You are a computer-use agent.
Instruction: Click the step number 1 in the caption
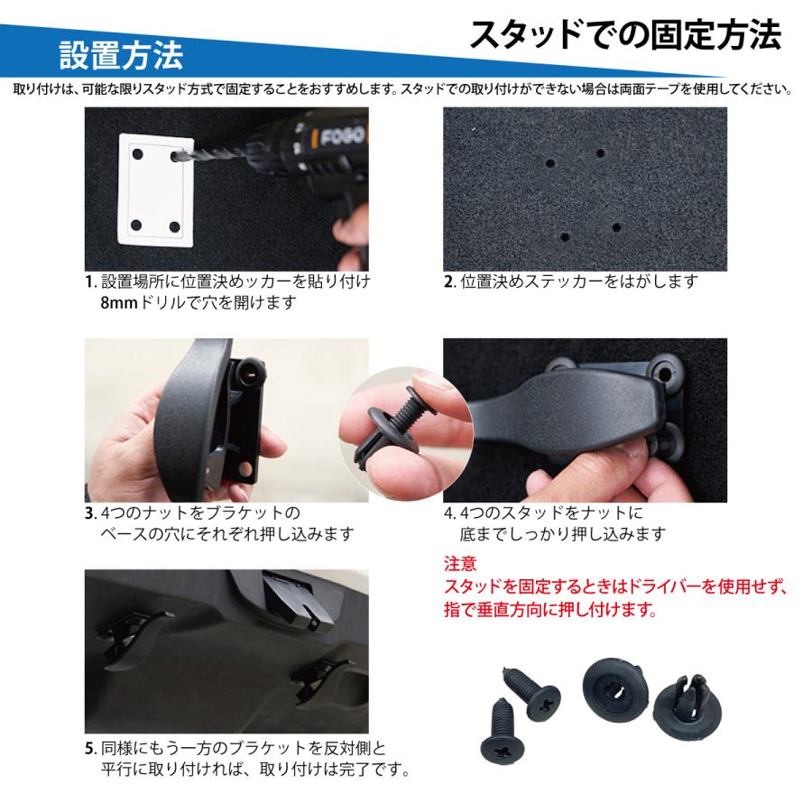[89, 281]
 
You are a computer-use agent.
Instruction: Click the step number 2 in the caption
[448, 281]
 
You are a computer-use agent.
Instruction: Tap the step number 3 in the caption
[89, 513]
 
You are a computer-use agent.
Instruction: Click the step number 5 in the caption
[89, 748]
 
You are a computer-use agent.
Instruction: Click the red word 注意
[459, 566]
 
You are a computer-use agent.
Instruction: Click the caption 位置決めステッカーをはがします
[579, 281]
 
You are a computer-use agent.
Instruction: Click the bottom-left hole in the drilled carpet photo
[565, 236]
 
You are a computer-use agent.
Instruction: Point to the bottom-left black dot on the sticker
[135, 223]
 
